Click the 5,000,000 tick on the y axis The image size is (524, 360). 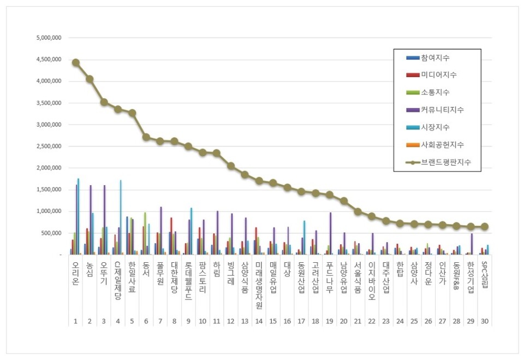tap(48, 38)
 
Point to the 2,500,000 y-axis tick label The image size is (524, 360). tap(48, 146)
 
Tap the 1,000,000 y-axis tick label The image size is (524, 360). tap(48, 211)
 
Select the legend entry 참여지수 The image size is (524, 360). tap(435, 57)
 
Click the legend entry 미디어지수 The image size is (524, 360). tap(438, 75)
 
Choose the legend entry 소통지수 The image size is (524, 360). tap(435, 92)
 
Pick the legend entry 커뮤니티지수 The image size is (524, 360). tap(442, 110)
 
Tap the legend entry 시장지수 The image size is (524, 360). tap(435, 127)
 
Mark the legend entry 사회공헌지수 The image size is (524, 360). tap(442, 145)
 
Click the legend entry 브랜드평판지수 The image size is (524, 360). tap(445, 162)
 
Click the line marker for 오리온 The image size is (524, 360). tap(76, 62)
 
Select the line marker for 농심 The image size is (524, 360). tap(90, 79)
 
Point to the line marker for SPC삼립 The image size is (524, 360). tap(485, 227)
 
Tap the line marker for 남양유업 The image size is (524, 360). tap(344, 200)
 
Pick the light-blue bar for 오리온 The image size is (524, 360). tap(79, 216)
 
